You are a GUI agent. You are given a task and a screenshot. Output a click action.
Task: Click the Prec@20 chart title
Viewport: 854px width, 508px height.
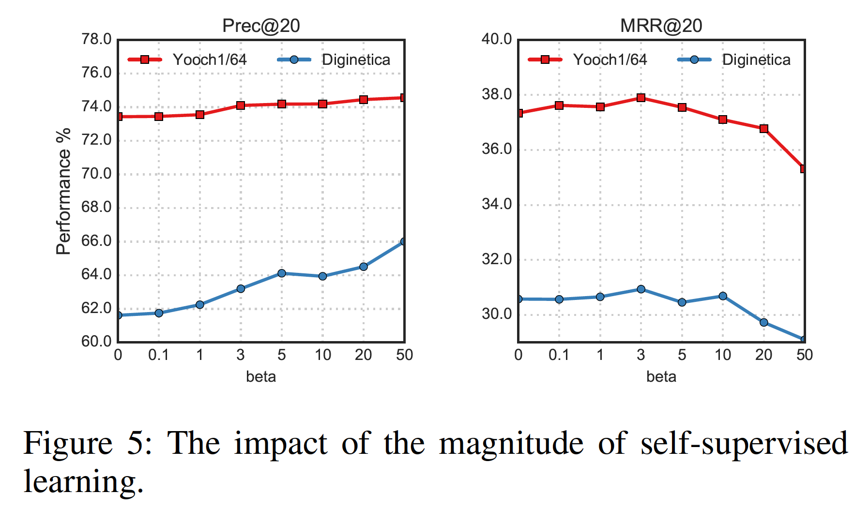(261, 26)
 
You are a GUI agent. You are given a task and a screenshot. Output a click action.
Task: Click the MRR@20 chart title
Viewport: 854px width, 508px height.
(661, 26)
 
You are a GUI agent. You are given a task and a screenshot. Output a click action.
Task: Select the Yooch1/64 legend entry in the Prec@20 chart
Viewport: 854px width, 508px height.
(209, 60)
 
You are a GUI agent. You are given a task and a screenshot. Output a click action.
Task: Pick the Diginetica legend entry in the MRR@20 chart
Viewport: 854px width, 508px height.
(756, 60)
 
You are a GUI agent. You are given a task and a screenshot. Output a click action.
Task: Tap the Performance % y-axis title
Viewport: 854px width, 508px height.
(63, 191)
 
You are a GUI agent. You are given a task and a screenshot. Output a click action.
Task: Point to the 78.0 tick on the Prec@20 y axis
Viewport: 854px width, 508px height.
(96, 39)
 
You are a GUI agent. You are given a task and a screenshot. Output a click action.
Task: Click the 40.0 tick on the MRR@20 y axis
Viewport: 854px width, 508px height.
(497, 39)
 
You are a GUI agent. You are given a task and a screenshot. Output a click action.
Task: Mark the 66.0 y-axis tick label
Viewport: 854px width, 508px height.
(96, 241)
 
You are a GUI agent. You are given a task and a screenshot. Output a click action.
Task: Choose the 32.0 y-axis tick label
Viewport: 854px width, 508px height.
(497, 259)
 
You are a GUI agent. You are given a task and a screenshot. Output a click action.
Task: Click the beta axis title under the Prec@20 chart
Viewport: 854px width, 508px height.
(261, 376)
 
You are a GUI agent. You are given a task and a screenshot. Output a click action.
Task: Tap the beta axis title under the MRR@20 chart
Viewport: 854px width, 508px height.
(661, 376)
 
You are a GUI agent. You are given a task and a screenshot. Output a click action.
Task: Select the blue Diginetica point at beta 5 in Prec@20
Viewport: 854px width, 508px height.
(282, 273)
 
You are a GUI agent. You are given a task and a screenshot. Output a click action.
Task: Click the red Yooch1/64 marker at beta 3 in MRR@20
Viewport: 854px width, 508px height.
(641, 98)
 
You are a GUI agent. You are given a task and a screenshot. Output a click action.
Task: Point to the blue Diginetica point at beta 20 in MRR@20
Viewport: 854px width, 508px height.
(764, 322)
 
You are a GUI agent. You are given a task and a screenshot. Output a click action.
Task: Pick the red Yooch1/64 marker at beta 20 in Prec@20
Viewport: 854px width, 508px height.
(364, 100)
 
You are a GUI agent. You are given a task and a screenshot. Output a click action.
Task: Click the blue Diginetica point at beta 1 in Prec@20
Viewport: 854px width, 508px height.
(200, 305)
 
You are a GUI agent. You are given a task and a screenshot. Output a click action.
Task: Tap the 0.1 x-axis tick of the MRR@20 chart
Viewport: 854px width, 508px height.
(559, 355)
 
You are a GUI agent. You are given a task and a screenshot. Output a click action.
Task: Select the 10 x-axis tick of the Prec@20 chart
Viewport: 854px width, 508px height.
(323, 355)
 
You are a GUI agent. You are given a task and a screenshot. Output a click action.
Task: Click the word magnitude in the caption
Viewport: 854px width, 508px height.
(511, 444)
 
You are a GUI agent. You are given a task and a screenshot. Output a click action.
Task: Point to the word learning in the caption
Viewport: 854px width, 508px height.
(83, 482)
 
